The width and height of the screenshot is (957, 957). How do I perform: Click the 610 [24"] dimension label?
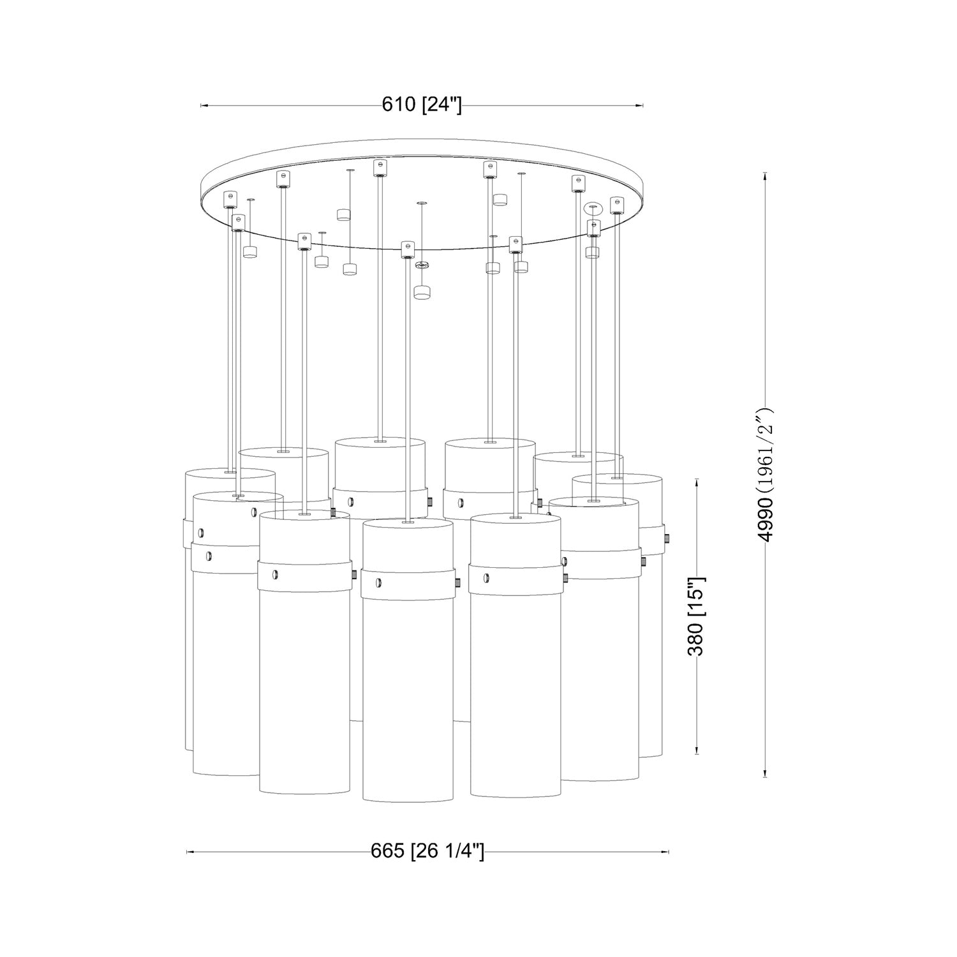tap(422, 105)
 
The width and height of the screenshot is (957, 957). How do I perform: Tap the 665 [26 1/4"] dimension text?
tap(427, 851)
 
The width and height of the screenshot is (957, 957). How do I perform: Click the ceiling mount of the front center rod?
tap(408, 249)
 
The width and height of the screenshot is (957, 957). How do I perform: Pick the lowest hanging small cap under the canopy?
tap(421, 292)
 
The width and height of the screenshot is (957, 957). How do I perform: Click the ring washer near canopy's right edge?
tap(593, 207)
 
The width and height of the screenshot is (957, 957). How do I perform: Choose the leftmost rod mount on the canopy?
tap(230, 200)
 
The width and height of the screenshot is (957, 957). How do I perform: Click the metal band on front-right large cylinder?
tap(516, 579)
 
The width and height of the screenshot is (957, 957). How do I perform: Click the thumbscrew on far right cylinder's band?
tap(665, 538)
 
